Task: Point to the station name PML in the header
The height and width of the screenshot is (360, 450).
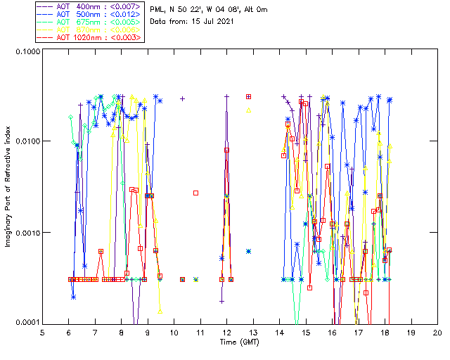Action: click(x=158, y=10)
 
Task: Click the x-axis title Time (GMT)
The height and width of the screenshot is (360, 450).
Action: click(x=239, y=342)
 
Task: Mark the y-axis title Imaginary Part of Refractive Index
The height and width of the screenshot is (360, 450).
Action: click(x=9, y=187)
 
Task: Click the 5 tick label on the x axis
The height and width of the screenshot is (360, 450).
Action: click(x=42, y=332)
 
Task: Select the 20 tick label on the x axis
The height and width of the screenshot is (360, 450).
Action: click(x=437, y=332)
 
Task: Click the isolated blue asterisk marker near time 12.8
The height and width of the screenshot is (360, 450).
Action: click(x=249, y=251)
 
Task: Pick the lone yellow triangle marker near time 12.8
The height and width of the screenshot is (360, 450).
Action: click(x=249, y=110)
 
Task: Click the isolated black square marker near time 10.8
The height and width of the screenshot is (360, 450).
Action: click(x=196, y=193)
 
